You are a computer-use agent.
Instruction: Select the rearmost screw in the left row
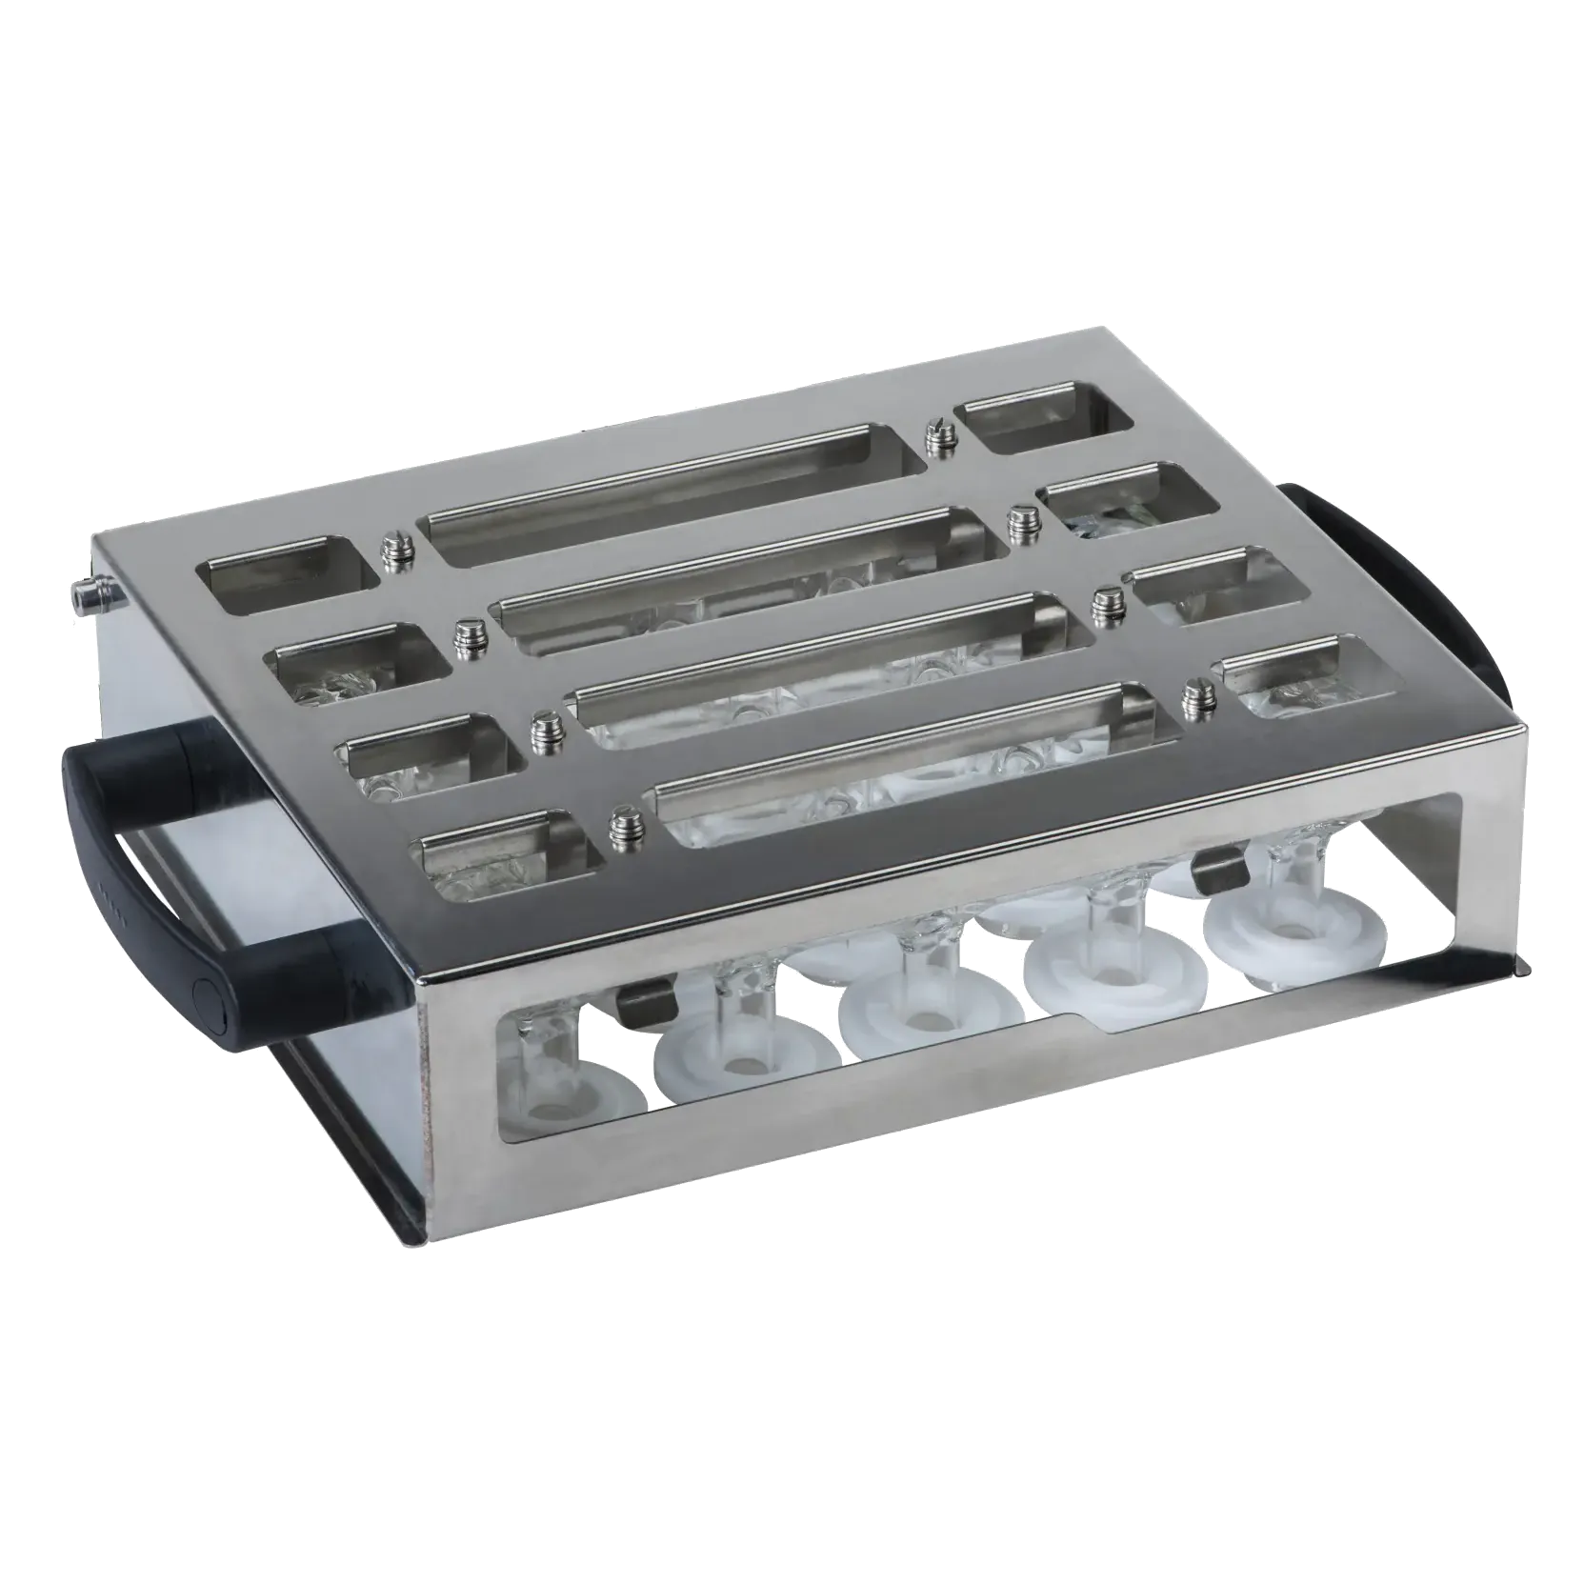(x=391, y=550)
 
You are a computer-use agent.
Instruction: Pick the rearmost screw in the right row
(x=937, y=437)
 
